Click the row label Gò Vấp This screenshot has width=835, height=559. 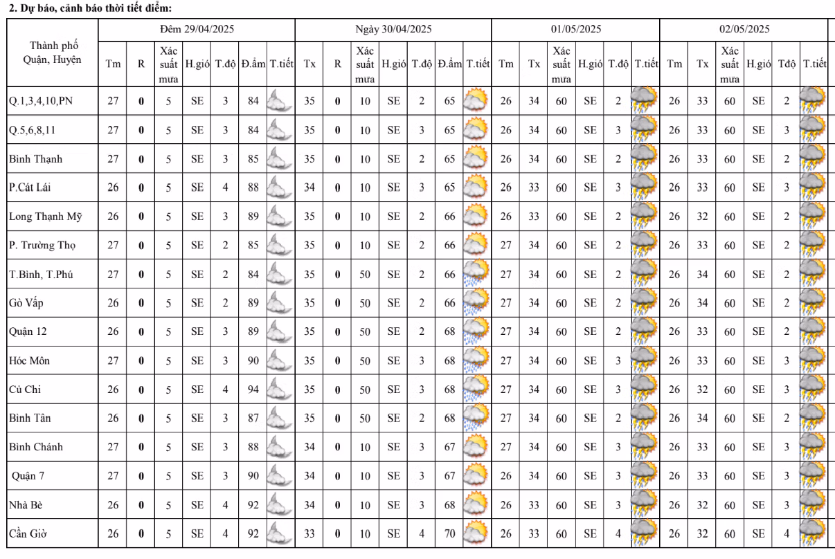click(x=28, y=303)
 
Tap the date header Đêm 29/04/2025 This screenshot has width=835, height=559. click(x=197, y=29)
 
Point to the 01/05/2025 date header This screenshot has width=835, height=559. click(x=575, y=29)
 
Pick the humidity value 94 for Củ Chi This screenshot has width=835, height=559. click(x=253, y=390)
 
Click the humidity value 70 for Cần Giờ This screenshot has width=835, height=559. click(x=450, y=533)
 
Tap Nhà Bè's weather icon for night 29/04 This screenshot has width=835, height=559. click(x=280, y=504)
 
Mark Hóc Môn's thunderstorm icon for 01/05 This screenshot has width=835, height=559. click(x=644, y=360)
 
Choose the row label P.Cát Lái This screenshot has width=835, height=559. click(x=30, y=187)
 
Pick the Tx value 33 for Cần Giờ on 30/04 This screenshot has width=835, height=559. click(x=309, y=533)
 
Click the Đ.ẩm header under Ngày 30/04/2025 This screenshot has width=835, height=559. click(x=449, y=64)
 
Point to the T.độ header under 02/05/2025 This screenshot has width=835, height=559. click(x=786, y=64)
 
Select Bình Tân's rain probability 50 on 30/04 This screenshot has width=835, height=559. click(x=365, y=418)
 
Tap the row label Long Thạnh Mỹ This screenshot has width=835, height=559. click(x=45, y=217)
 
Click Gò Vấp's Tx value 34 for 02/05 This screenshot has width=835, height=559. click(x=702, y=303)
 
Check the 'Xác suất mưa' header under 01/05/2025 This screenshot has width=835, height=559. click(x=561, y=64)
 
